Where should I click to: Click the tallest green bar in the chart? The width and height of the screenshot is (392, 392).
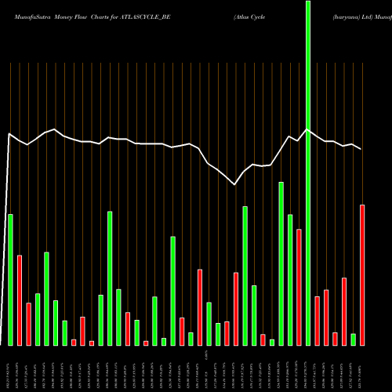[308, 172]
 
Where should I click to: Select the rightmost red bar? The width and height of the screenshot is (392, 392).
[362, 274]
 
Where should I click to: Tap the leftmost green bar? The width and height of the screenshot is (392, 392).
[10, 279]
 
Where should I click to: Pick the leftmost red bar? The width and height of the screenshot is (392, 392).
[20, 299]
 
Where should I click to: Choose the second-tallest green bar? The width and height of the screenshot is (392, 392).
[281, 263]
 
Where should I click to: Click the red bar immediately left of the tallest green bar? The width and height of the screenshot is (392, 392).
[299, 287]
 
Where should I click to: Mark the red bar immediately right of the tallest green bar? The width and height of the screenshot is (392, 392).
[317, 321]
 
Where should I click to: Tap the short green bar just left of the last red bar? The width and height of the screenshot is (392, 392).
[353, 339]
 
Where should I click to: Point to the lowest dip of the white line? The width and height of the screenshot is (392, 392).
[235, 185]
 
